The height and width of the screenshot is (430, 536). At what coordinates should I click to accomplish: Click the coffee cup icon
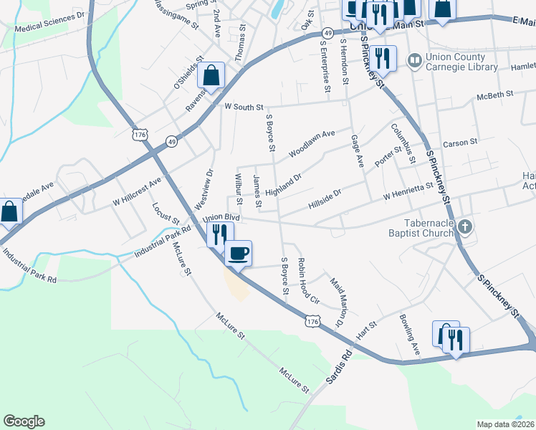tap(238, 252)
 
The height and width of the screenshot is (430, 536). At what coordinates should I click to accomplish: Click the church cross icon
tap(465, 228)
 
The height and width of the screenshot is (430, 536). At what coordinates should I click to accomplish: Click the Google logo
tap(24, 421)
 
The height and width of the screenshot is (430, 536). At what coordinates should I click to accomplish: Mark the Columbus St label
tap(402, 143)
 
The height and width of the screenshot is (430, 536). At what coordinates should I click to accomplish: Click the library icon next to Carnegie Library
tap(414, 59)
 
